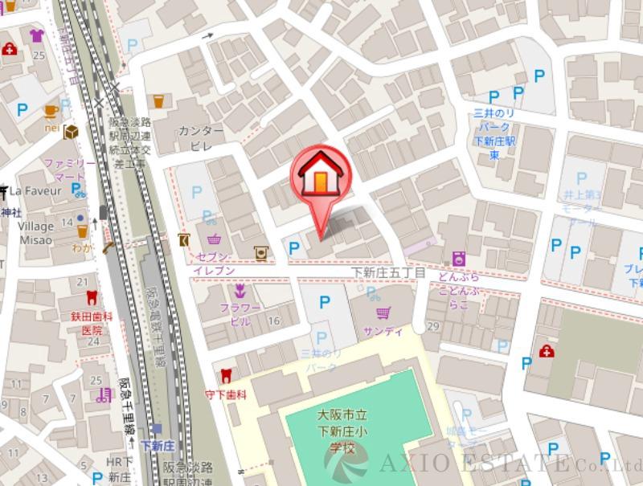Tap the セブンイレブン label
pyautogui.click(x=215, y=263)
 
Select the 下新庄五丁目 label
pyautogui.click(x=390, y=274)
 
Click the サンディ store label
pyautogui.click(x=383, y=331)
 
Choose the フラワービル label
pyautogui.click(x=240, y=314)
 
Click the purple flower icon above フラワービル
pyautogui.click(x=240, y=290)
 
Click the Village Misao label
pyautogui.click(x=36, y=233)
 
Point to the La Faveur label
pyautogui.click(x=35, y=191)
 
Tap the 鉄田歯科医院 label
pyautogui.click(x=91, y=323)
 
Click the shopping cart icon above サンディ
pyautogui.click(x=383, y=312)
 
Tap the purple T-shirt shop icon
pyautogui.click(x=36, y=35)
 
